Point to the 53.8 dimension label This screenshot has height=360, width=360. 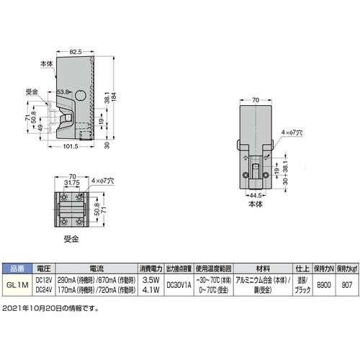(x=63, y=92)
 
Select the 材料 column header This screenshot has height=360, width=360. (x=256, y=266)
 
